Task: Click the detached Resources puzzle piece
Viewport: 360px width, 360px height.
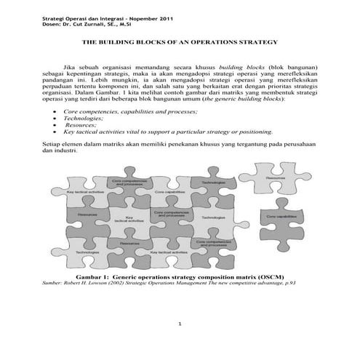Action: point(275,177)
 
